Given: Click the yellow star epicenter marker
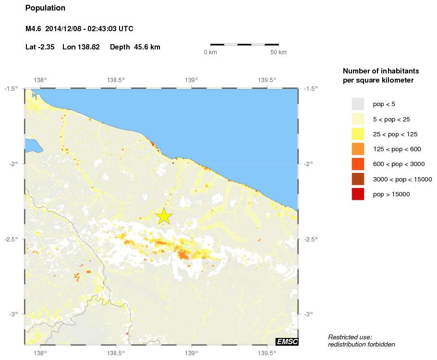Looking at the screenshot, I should [164, 216].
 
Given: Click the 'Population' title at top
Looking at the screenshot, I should [45, 8].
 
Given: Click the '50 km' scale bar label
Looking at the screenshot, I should [279, 52].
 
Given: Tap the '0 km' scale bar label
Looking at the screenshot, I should [210, 52].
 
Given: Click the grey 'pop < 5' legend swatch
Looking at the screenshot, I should [358, 104].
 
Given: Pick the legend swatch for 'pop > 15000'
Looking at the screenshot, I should [358, 194].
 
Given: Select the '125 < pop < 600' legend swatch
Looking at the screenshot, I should [358, 149].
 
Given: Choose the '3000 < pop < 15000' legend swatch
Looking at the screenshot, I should [358, 179].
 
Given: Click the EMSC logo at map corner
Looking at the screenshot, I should [287, 341].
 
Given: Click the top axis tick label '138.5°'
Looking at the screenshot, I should [116, 80].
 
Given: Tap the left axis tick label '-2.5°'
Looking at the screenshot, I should [12, 239].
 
